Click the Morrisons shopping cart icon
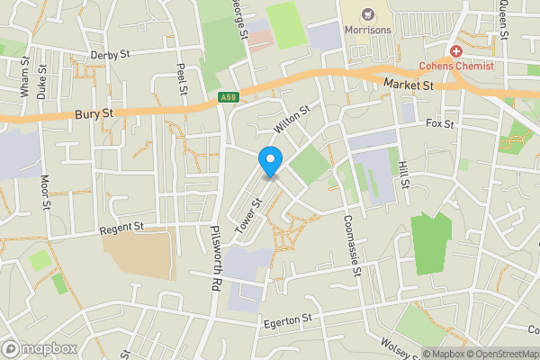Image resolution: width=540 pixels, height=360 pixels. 367,13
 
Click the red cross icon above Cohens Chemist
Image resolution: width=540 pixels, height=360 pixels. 456,52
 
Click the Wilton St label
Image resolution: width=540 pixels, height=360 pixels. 292,115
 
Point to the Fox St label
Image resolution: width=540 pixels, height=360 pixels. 440,123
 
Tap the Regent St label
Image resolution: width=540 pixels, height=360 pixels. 121,227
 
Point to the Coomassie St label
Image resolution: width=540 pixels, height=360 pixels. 349,240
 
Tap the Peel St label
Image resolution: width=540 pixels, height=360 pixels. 182,79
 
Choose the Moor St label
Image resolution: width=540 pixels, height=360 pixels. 44,192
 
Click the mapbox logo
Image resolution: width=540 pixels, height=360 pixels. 40,348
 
